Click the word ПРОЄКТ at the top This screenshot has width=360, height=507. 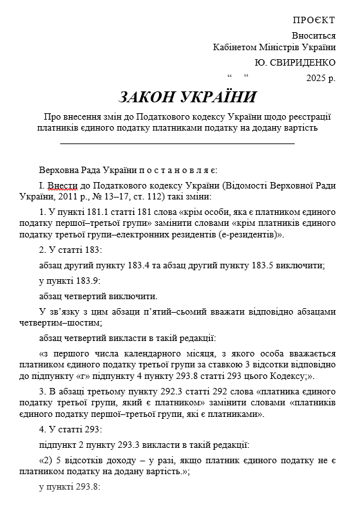314,21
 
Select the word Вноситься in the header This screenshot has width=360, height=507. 314,36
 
